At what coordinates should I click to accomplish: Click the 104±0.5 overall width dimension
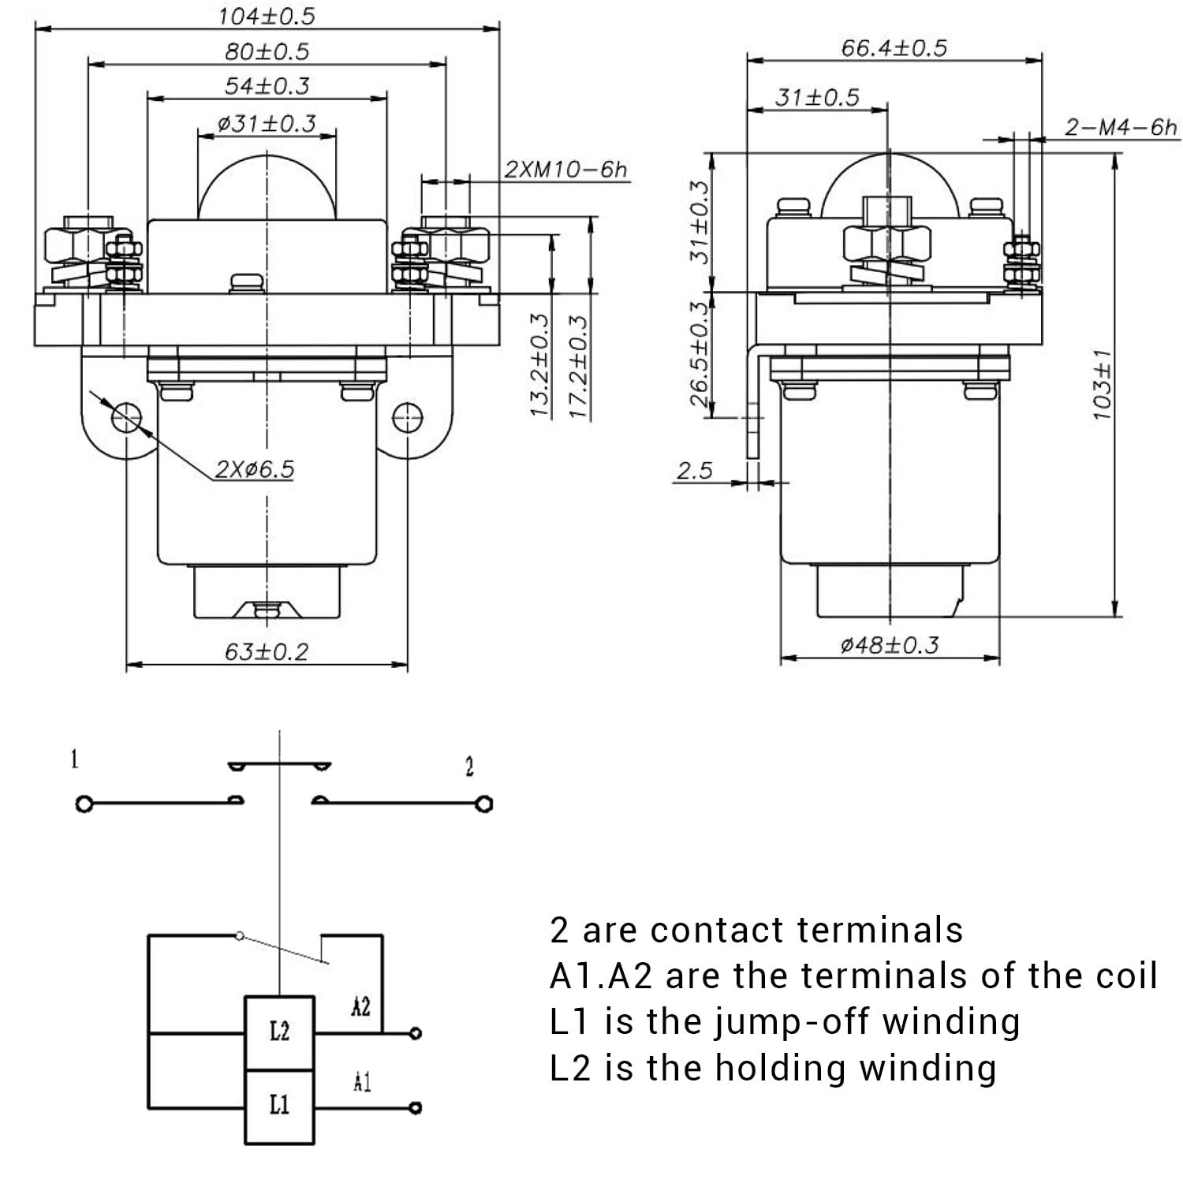tap(267, 16)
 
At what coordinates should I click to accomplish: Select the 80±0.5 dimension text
tap(267, 51)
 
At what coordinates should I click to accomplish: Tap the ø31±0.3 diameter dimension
tap(267, 124)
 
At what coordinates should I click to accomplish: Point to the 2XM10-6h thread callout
tap(565, 170)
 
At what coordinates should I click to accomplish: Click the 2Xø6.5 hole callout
tap(254, 469)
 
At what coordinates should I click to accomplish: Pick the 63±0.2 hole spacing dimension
tap(267, 652)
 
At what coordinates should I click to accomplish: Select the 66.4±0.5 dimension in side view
tap(894, 48)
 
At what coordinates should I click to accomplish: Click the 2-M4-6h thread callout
tap(1120, 127)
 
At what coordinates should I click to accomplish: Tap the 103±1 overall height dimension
tap(1103, 384)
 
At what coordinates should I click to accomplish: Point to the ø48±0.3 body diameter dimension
tap(890, 646)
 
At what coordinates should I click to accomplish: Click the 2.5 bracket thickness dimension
tap(694, 471)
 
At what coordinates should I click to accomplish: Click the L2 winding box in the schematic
tap(279, 1032)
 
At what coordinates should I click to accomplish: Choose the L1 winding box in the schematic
tap(279, 1106)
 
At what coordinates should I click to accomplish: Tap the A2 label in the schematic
tap(360, 1007)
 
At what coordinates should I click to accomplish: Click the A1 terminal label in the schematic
tap(361, 1083)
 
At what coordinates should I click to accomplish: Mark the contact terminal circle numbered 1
tap(84, 804)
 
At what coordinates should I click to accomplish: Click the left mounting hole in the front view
tap(126, 417)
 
